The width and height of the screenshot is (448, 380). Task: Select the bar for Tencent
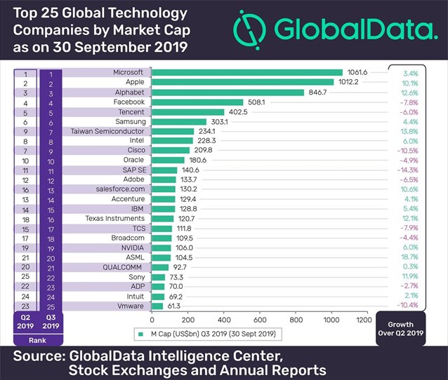coord(188,111)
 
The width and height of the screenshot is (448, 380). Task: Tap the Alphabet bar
coord(228,92)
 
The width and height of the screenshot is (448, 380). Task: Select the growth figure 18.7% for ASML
coord(409,258)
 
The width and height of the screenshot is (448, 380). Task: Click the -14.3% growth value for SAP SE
coord(409,170)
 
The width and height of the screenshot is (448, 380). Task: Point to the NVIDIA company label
coord(131,247)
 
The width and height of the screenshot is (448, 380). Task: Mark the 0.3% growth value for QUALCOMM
coord(410,267)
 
